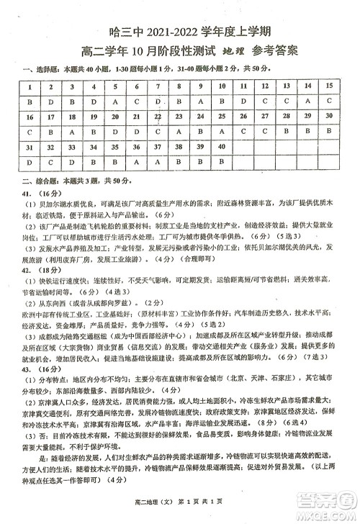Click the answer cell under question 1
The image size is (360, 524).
coord(30,101)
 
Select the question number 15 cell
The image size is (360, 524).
coord(329,85)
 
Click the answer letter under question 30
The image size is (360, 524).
coord(329,132)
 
